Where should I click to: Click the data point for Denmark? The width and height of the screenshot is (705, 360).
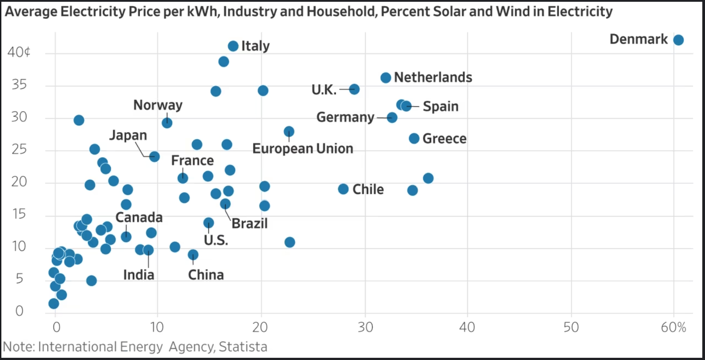[x=678, y=40]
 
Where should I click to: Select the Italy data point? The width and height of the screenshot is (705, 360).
[x=233, y=46]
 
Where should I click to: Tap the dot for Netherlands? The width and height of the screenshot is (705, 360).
[x=385, y=78]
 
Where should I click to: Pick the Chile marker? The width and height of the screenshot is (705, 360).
[x=343, y=189]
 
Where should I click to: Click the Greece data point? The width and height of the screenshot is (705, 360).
[x=414, y=139]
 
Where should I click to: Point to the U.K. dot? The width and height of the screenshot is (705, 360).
[x=354, y=89]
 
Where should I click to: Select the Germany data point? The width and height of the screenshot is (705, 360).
[x=392, y=117]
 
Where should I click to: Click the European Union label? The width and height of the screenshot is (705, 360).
[x=302, y=149]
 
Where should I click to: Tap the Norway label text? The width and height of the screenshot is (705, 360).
[x=158, y=105]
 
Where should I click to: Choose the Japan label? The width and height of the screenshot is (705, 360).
[x=128, y=135]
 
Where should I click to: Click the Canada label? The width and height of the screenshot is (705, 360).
[x=139, y=217]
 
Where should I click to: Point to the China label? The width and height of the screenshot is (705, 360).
[x=206, y=275]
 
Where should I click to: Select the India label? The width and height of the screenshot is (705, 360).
[x=139, y=275]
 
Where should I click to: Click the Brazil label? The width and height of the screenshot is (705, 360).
[x=249, y=224]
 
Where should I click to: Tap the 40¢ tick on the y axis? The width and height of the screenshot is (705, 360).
[x=19, y=52]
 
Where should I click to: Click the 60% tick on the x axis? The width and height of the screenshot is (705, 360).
[x=673, y=327]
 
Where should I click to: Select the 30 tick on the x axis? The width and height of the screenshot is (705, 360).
[x=365, y=327]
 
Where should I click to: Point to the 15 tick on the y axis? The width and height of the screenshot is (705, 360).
[x=19, y=214]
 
